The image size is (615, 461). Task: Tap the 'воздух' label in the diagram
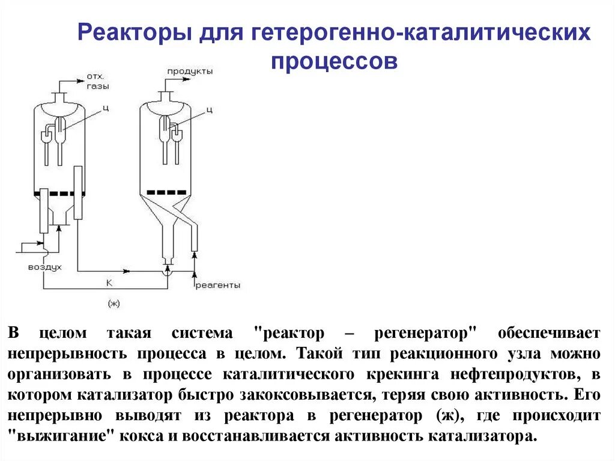(x=44, y=267)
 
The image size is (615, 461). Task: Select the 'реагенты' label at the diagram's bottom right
(x=217, y=285)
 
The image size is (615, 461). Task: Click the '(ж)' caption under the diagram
(x=114, y=304)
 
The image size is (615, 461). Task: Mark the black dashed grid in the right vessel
(x=166, y=192)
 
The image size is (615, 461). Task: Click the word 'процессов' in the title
(x=334, y=61)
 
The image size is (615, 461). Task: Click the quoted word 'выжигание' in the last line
(x=64, y=436)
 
